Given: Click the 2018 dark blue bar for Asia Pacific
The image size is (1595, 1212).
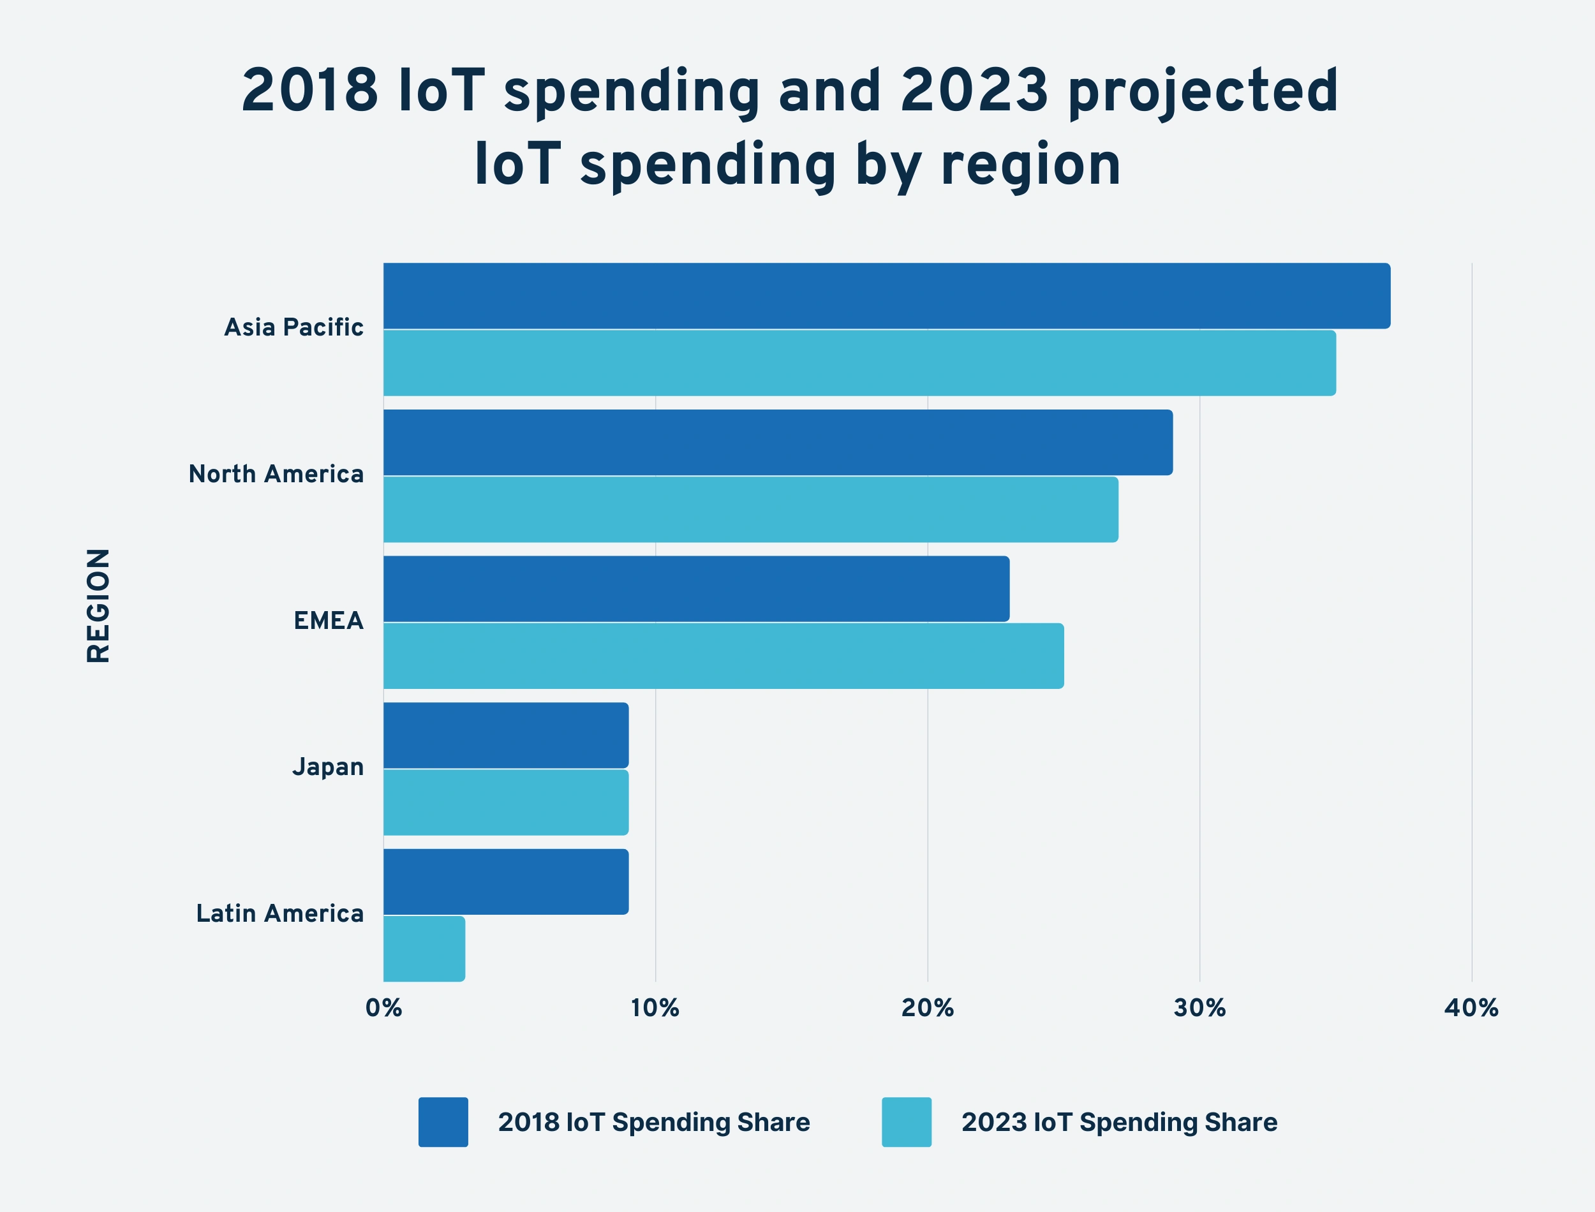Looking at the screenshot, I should pyautogui.click(x=886, y=296).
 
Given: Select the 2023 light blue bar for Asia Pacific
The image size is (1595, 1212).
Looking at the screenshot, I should pyautogui.click(x=859, y=363).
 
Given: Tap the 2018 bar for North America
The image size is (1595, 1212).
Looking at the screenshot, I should pyautogui.click(x=778, y=442).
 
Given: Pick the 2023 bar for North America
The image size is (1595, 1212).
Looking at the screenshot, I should pyautogui.click(x=750, y=509).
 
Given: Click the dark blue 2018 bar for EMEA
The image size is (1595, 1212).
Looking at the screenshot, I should pyautogui.click(x=696, y=589).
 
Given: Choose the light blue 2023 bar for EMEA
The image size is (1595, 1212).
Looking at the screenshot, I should pyautogui.click(x=723, y=656).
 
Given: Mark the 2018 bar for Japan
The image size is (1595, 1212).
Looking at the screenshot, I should pyautogui.click(x=506, y=735).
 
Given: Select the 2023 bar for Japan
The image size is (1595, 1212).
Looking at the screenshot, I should pyautogui.click(x=506, y=802).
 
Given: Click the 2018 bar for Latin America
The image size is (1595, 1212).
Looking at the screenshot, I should pyautogui.click(x=506, y=882).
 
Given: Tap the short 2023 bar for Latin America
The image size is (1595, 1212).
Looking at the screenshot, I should pyautogui.click(x=424, y=949).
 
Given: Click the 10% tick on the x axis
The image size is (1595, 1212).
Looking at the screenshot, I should pyautogui.click(x=655, y=1008).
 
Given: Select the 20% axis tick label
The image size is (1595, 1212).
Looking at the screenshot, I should pyautogui.click(x=927, y=1008).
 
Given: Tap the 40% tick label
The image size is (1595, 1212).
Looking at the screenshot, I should pyautogui.click(x=1471, y=1008).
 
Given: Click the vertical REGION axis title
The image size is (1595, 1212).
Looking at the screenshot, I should pyautogui.click(x=98, y=605).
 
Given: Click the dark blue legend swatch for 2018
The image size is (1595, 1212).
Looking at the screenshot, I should pyautogui.click(x=443, y=1122).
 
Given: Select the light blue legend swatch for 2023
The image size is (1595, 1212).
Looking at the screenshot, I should pyautogui.click(x=906, y=1122).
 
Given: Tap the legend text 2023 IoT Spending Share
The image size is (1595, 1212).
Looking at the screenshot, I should pyautogui.click(x=1119, y=1122).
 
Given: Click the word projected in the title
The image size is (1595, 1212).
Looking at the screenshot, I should pyautogui.click(x=1203, y=92).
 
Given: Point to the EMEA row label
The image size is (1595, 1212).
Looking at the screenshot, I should pyautogui.click(x=328, y=621).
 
